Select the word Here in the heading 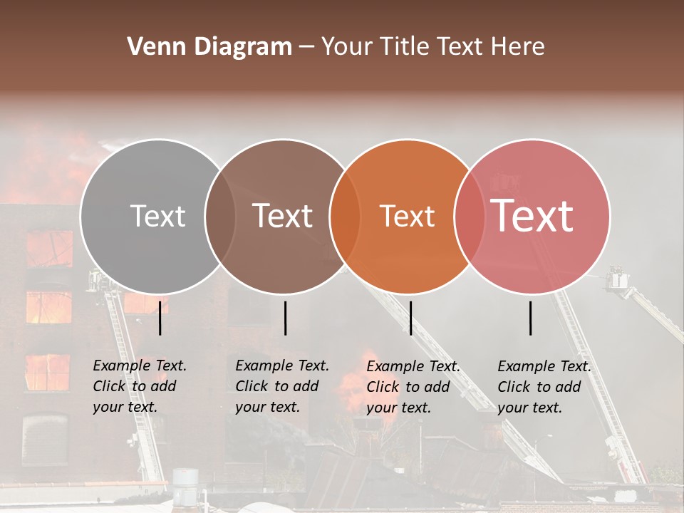point(519,47)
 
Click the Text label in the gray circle point(157,216)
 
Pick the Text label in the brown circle point(283,216)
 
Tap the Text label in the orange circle point(407,216)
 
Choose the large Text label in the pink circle point(532,216)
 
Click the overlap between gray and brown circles point(220,216)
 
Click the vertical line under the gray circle point(160,318)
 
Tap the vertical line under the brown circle point(285,318)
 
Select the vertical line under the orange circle point(410,318)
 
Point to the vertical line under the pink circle point(531,318)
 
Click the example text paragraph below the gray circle point(139,386)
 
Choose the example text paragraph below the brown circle point(281,386)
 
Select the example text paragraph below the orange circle point(413,387)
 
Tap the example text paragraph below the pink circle point(544,387)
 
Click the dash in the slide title point(306,48)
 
